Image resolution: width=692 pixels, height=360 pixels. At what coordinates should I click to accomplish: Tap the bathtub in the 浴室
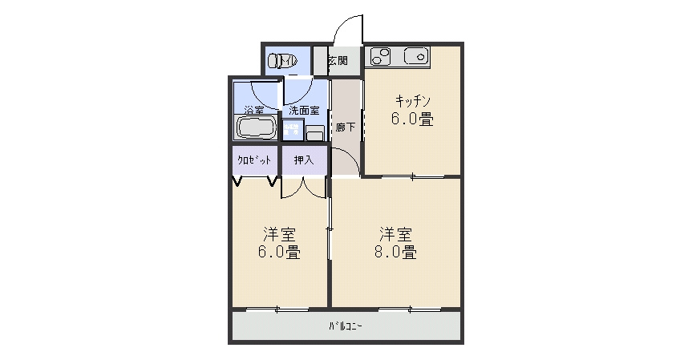(255, 127)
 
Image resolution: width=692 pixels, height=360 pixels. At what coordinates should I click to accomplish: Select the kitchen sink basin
(418, 56)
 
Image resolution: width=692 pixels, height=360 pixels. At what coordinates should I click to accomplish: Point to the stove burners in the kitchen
(380, 56)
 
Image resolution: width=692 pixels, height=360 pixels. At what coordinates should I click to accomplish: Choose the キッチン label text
(413, 101)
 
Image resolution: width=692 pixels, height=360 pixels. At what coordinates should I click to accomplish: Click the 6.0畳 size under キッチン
(413, 120)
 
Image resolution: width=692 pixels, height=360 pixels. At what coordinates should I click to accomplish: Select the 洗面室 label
(304, 110)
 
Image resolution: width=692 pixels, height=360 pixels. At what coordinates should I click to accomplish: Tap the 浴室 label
(254, 110)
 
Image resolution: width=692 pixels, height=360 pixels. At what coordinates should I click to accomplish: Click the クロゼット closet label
(253, 160)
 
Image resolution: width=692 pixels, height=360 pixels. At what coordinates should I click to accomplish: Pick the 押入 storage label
(304, 160)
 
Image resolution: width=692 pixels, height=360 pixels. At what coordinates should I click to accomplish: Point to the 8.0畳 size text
(396, 253)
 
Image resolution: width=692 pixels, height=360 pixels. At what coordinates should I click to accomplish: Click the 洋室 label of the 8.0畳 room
(396, 234)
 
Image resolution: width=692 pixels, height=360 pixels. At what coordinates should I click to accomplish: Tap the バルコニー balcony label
(345, 326)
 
